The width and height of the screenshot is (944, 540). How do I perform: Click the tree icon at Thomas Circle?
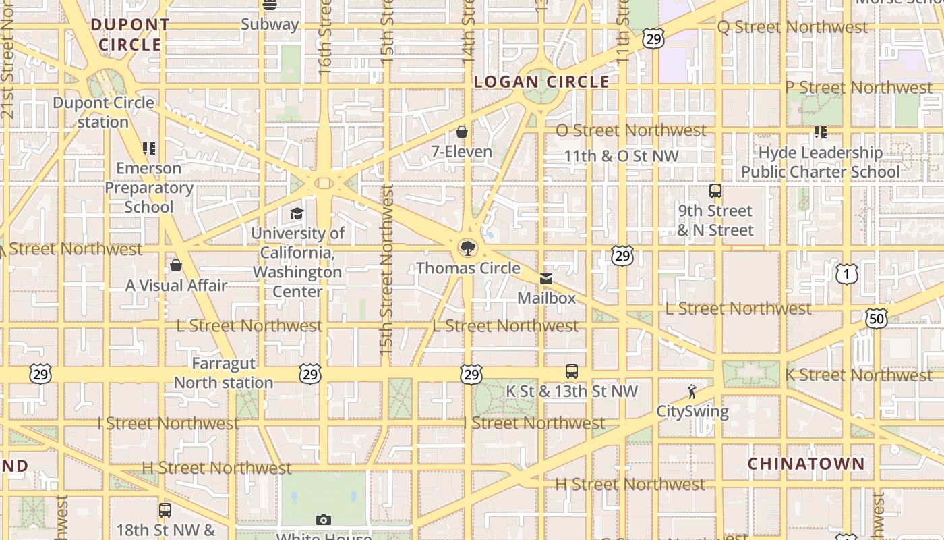pos(467,247)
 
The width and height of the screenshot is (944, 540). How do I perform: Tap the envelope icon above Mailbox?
pos(546,279)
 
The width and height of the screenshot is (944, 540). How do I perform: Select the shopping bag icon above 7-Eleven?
pos(462,132)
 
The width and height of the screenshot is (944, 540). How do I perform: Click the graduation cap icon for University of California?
pos(297,214)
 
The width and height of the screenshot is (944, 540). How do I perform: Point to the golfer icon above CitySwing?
pos(692,391)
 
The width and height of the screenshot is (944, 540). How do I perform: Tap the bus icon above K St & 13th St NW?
pos(571,371)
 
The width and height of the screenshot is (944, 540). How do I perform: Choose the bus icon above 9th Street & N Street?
pos(715,191)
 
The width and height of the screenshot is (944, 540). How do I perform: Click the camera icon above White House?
pos(324,520)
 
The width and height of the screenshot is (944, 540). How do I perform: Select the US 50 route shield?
pos(877,319)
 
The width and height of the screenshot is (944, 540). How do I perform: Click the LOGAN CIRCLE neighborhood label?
pos(542,82)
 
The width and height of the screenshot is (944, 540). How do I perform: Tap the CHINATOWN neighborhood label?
pos(806,464)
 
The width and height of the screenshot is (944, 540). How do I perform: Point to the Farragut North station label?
pos(223,373)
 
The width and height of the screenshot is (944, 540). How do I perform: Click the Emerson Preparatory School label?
pos(149,188)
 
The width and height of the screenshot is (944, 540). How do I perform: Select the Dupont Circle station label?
pos(103,112)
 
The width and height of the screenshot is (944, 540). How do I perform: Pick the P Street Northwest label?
pos(859,88)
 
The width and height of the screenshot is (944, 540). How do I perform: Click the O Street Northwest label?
pos(631,130)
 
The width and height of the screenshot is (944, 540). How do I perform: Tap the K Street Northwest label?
pos(859,375)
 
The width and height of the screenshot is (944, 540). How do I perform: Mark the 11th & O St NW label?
pos(621,156)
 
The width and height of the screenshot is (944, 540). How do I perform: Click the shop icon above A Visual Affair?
pos(176,265)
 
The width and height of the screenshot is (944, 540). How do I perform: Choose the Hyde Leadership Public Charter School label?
pos(821,162)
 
